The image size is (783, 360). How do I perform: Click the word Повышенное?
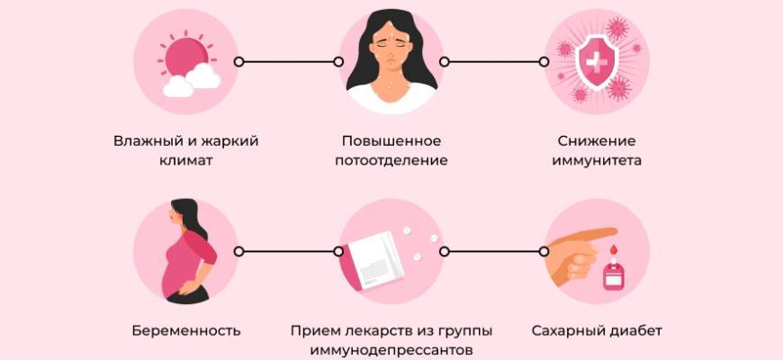(x=391, y=141)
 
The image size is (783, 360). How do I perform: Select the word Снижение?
(x=597, y=141)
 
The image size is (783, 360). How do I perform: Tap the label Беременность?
(x=185, y=330)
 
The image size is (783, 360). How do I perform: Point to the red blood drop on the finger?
(x=612, y=248)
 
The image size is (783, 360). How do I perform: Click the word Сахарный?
(x=567, y=330)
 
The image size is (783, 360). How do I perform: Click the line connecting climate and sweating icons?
(x=288, y=61)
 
